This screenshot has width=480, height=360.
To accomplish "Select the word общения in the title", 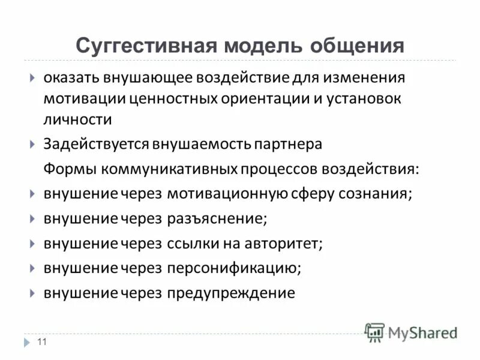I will [358, 46].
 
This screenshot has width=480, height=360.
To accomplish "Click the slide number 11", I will [42, 342].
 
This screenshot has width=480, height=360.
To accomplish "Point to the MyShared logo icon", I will [375, 332].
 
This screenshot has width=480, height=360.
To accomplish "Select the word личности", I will [77, 119].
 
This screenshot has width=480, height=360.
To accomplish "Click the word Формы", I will [69, 169].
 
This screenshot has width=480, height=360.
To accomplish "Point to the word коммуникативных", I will [169, 169].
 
